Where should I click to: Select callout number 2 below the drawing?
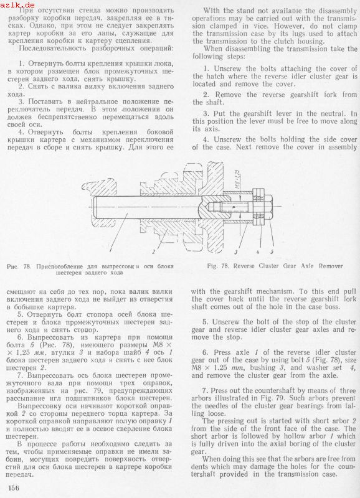(153, 251)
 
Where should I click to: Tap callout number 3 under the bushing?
(236, 252)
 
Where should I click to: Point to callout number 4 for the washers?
(258, 252)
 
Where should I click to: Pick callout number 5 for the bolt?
(272, 252)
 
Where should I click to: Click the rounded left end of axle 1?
(95, 207)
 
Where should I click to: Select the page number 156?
(13, 488)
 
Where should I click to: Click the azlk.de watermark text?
(17, 5)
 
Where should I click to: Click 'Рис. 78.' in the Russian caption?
(19, 266)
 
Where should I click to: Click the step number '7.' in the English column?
(206, 391)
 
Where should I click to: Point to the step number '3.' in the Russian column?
(21, 101)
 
